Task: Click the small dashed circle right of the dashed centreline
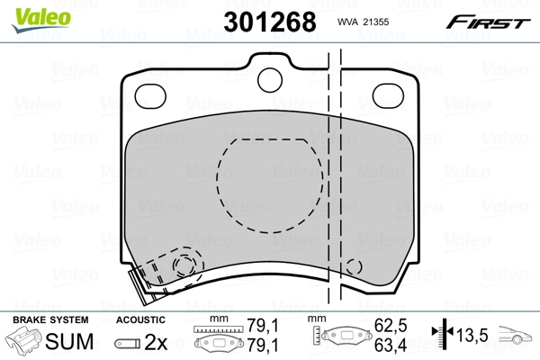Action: (x=354, y=268)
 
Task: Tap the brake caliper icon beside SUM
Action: (x=22, y=343)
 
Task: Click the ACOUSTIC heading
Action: (x=139, y=319)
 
